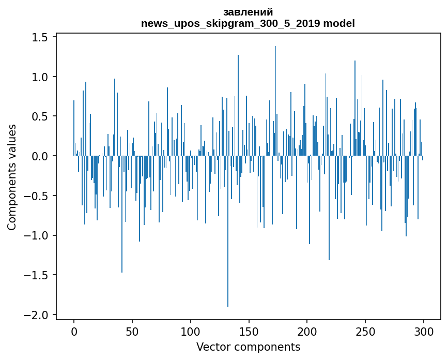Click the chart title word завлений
[248, 12]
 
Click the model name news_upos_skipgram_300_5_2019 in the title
[230, 23]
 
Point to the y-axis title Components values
[12, 177]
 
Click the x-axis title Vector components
[248, 347]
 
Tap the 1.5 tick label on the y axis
[40, 37]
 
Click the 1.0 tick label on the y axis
[40, 77]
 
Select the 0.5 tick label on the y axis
[40, 116]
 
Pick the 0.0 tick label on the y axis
[40, 156]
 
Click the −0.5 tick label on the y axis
[36, 196]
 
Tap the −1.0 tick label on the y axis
[36, 235]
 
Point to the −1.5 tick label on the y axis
[36, 275]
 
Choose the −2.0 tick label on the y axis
[36, 315]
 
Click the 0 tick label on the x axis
[74, 332]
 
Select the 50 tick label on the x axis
[132, 332]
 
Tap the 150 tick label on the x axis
[249, 332]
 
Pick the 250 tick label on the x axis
[365, 332]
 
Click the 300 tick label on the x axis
[424, 332]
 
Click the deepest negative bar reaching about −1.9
[228, 231]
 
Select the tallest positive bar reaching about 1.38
[275, 101]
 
